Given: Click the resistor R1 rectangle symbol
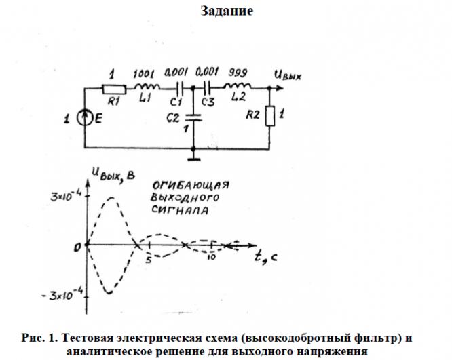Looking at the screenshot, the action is coord(113,88).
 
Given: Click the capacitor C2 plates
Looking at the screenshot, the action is coord(194,118).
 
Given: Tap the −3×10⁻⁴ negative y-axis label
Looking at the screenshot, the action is coord(62,296).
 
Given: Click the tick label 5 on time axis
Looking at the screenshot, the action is coord(148,258).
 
